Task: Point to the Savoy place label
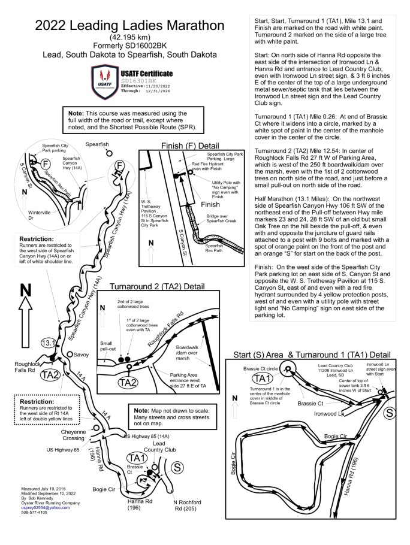pos(80,355)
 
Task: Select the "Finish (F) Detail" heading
pos(192,146)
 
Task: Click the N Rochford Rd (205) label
pos(186,505)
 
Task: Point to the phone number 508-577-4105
pos(34,513)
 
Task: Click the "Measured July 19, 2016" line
pos(41,489)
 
